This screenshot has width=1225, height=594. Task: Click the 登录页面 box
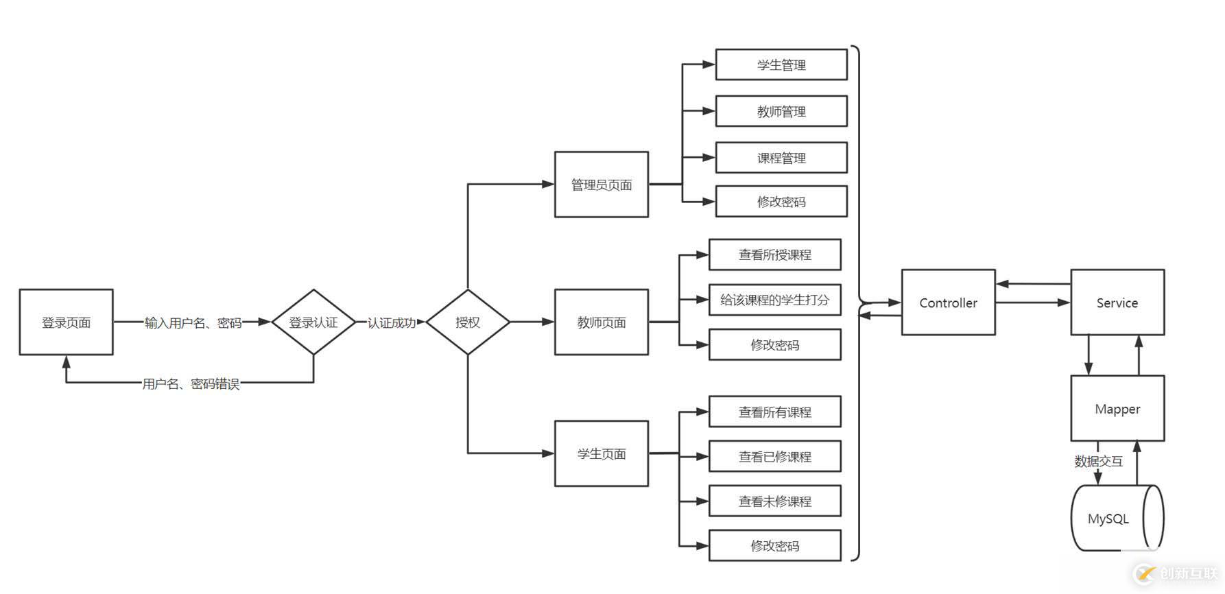[x=66, y=322]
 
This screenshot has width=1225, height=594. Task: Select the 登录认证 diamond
[x=313, y=322]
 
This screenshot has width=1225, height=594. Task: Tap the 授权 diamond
[x=468, y=322]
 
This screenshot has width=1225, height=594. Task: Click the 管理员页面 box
[x=602, y=185]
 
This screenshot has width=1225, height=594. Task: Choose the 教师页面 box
[x=602, y=322]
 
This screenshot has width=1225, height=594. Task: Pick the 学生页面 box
[x=602, y=453]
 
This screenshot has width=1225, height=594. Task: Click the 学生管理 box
[x=781, y=65]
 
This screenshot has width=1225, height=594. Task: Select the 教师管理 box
[x=781, y=111]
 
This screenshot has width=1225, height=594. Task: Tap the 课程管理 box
[x=781, y=158]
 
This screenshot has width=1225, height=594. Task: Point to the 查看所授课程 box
[x=775, y=255]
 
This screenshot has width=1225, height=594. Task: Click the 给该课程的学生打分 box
[x=775, y=300]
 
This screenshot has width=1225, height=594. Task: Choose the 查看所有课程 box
[x=775, y=412]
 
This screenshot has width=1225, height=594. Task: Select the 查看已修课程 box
[x=775, y=457]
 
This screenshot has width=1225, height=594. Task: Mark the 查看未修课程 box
[x=775, y=501]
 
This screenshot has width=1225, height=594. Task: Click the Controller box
[x=948, y=302]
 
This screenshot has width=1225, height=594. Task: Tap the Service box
[x=1117, y=302]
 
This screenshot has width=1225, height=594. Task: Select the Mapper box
[x=1117, y=409]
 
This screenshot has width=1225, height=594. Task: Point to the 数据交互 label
[x=1098, y=462]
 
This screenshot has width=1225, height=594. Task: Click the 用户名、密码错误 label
[x=191, y=384]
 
